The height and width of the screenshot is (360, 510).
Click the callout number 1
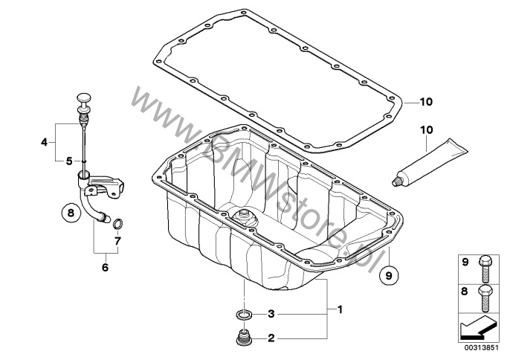(340, 309)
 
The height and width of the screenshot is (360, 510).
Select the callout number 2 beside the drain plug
(271, 338)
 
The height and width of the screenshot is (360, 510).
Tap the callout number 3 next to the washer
(271, 314)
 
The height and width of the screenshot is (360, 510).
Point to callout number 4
(45, 142)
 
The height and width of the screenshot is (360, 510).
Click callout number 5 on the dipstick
(69, 161)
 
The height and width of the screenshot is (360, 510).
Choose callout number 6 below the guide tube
(105, 268)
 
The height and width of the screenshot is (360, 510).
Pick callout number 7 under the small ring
(117, 241)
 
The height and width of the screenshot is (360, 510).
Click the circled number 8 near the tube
(71, 213)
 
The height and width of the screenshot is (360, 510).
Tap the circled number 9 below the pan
(389, 275)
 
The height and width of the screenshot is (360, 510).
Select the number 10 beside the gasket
(426, 102)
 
